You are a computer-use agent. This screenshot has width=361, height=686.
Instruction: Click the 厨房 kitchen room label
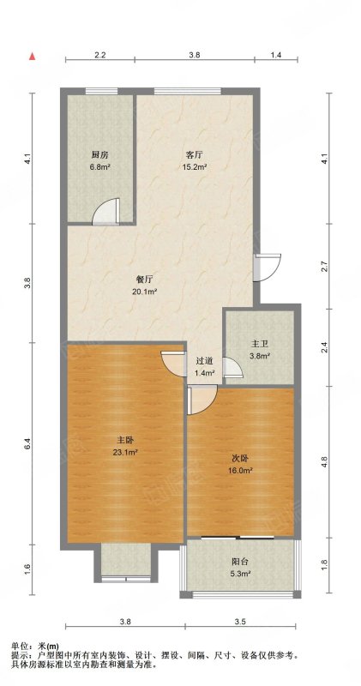[99, 155]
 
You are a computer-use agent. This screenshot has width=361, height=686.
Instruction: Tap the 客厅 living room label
[194, 155]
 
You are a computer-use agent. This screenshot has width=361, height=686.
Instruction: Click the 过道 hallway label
[204, 361]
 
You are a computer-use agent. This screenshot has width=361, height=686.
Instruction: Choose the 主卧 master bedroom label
[124, 439]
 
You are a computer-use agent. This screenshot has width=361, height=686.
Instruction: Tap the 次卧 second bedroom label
[240, 459]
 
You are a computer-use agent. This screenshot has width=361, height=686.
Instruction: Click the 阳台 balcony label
[240, 562]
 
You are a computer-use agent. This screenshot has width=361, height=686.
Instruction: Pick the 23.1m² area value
[124, 452]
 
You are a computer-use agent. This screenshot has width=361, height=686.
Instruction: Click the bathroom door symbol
[232, 367]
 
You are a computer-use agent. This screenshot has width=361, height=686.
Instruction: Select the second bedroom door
[202, 399]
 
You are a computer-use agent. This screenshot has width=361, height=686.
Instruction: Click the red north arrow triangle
[32, 57]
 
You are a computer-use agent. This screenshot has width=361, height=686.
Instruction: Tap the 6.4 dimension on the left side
[28, 443]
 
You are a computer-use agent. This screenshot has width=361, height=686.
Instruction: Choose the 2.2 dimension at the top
[99, 55]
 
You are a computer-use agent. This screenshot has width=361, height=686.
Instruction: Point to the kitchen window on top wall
[101, 92]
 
